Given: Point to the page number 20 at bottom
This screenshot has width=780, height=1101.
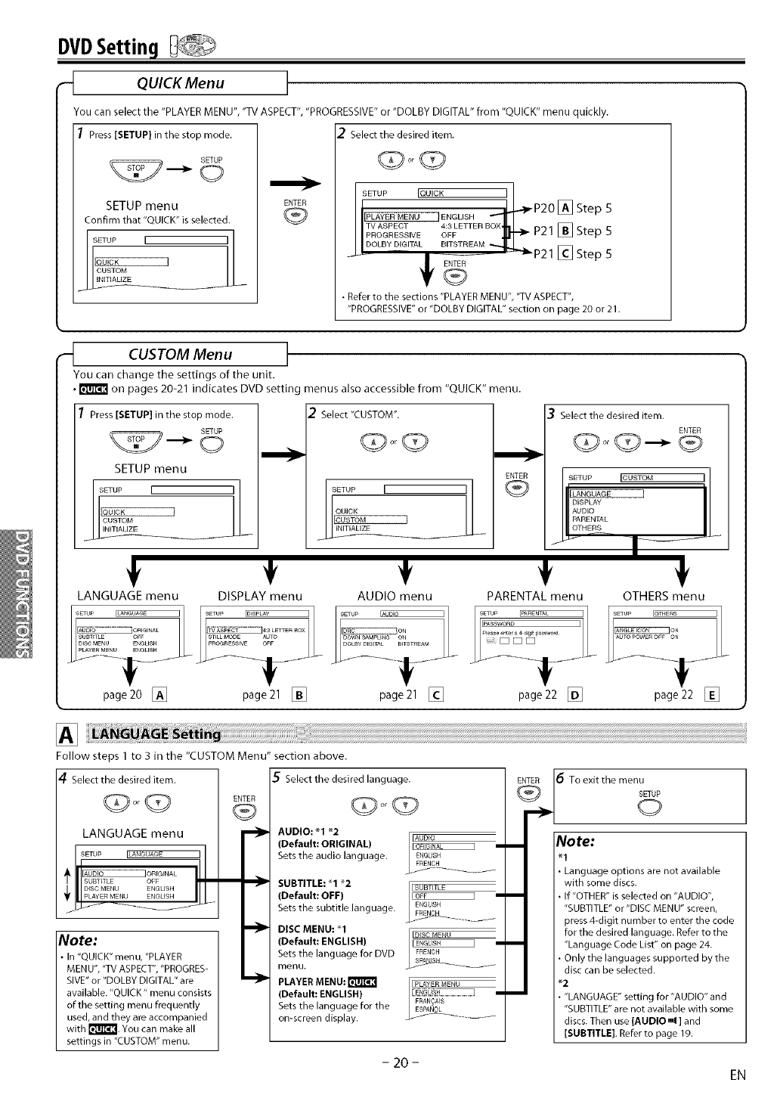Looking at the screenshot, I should pos(395,1062).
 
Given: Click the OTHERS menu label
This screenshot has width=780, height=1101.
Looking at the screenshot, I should pos(663,596).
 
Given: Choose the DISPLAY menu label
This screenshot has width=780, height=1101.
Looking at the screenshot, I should pos(259,596).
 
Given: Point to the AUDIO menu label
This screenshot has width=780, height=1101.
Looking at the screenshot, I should pos(395,596).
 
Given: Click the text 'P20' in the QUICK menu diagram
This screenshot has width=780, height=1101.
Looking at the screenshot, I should pos(544,209).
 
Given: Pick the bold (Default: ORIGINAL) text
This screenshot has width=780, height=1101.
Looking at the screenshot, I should pos(323,843).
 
